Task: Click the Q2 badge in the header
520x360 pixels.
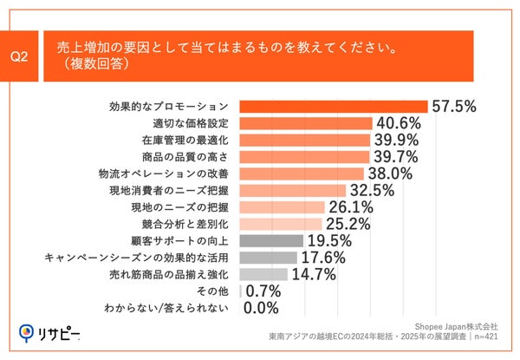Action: pyautogui.click(x=23, y=56)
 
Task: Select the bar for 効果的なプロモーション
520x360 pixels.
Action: pyautogui.click(x=335, y=107)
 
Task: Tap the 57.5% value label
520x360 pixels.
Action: pyautogui.click(x=454, y=107)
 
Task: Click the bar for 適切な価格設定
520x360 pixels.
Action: pyautogui.click(x=305, y=123)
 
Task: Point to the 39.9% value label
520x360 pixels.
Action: pyautogui.click(x=395, y=140)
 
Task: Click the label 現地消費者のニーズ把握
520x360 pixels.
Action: pyautogui.click(x=173, y=190)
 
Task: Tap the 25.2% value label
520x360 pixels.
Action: pyautogui.click(x=348, y=224)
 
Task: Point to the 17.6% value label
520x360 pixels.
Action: pyautogui.click(x=322, y=258)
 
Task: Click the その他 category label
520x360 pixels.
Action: pyautogui.click(x=215, y=291)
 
